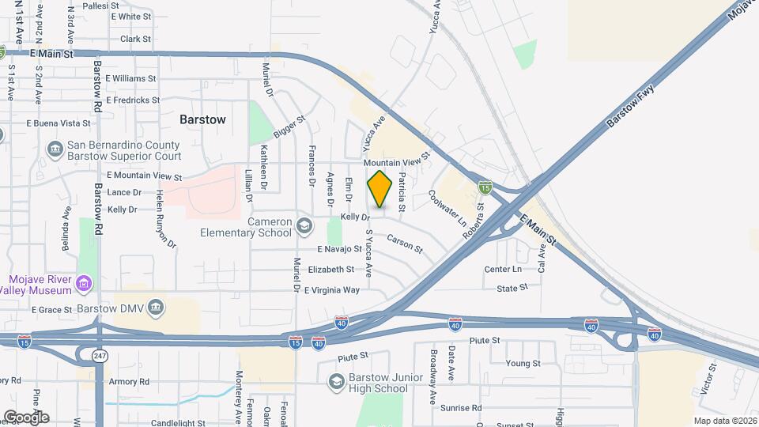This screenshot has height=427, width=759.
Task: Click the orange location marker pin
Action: pos(380,189)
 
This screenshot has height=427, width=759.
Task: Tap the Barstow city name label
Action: pos(202,119)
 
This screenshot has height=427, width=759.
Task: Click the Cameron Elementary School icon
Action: pos(303,228)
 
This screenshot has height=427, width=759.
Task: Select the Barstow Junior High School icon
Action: pos(337,382)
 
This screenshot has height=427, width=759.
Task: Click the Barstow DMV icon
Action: pos(156,307)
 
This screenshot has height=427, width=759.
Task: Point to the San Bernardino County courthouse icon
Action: pos(55,149)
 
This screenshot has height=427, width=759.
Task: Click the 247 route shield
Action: pos(99,357)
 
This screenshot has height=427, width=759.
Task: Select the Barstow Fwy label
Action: pos(632,108)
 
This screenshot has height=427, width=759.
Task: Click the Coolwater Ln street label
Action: pos(447,208)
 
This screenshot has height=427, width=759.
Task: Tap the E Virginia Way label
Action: pos(331,290)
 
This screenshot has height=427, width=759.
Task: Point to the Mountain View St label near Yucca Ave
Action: pos(395,161)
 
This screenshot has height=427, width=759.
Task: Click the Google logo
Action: pos(26,417)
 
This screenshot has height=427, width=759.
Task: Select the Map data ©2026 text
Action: pos(724,421)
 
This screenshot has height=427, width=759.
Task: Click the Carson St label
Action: pos(405,243)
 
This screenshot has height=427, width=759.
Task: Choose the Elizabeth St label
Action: pos(330,270)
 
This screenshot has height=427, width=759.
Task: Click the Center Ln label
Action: pos(503,269)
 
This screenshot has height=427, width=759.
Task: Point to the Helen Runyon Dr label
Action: pos(165,219)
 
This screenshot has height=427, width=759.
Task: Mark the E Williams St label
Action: pos(130,79)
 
